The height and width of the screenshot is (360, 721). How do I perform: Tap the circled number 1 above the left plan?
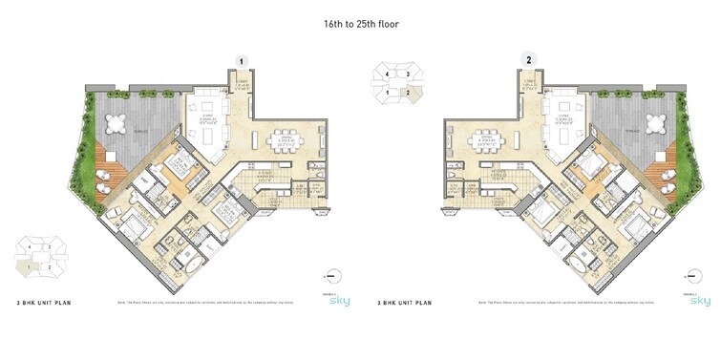click(244, 61)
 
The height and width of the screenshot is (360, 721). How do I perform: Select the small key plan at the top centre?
click(393, 83)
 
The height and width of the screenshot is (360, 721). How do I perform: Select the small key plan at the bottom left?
click(37, 257)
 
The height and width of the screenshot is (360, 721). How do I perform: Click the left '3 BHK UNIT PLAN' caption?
click(42, 302)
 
